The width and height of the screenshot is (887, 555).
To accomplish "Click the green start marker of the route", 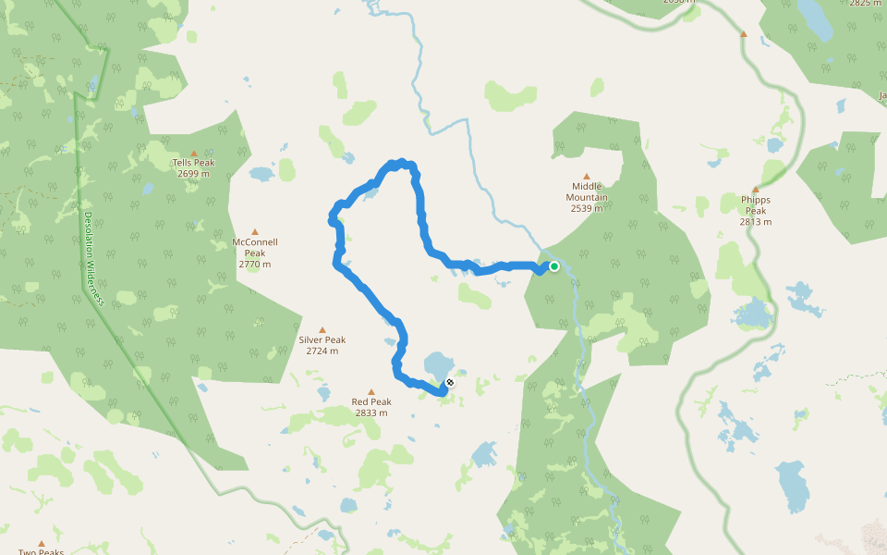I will coord(554,266).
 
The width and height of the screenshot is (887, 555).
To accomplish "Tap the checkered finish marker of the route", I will coord(450,381).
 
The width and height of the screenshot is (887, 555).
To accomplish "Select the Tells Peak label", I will coord(194,163).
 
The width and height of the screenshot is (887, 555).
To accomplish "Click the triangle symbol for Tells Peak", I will coord(194,153).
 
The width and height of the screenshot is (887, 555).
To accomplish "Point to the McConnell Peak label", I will coord(255,248).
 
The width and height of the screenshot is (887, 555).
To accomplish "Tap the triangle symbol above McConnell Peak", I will coord(255,232).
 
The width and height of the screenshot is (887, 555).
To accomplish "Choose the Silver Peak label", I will coord(322,339).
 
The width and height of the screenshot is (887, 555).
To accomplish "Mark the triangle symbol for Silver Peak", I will coord(322,329).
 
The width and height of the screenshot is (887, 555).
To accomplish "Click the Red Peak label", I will coord(371,401).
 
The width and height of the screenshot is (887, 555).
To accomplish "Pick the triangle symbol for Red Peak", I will coord(371,391).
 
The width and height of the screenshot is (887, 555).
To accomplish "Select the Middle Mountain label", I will coord(587,191).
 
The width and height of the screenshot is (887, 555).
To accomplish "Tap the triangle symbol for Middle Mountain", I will coord(586,176).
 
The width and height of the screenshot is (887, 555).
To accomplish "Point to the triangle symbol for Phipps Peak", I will coord(755,189).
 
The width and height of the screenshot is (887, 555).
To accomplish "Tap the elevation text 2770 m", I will coord(255,265).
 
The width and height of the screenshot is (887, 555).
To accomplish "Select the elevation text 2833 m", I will coord(371,413).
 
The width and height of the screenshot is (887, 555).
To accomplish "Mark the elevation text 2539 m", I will coord(587,208).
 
